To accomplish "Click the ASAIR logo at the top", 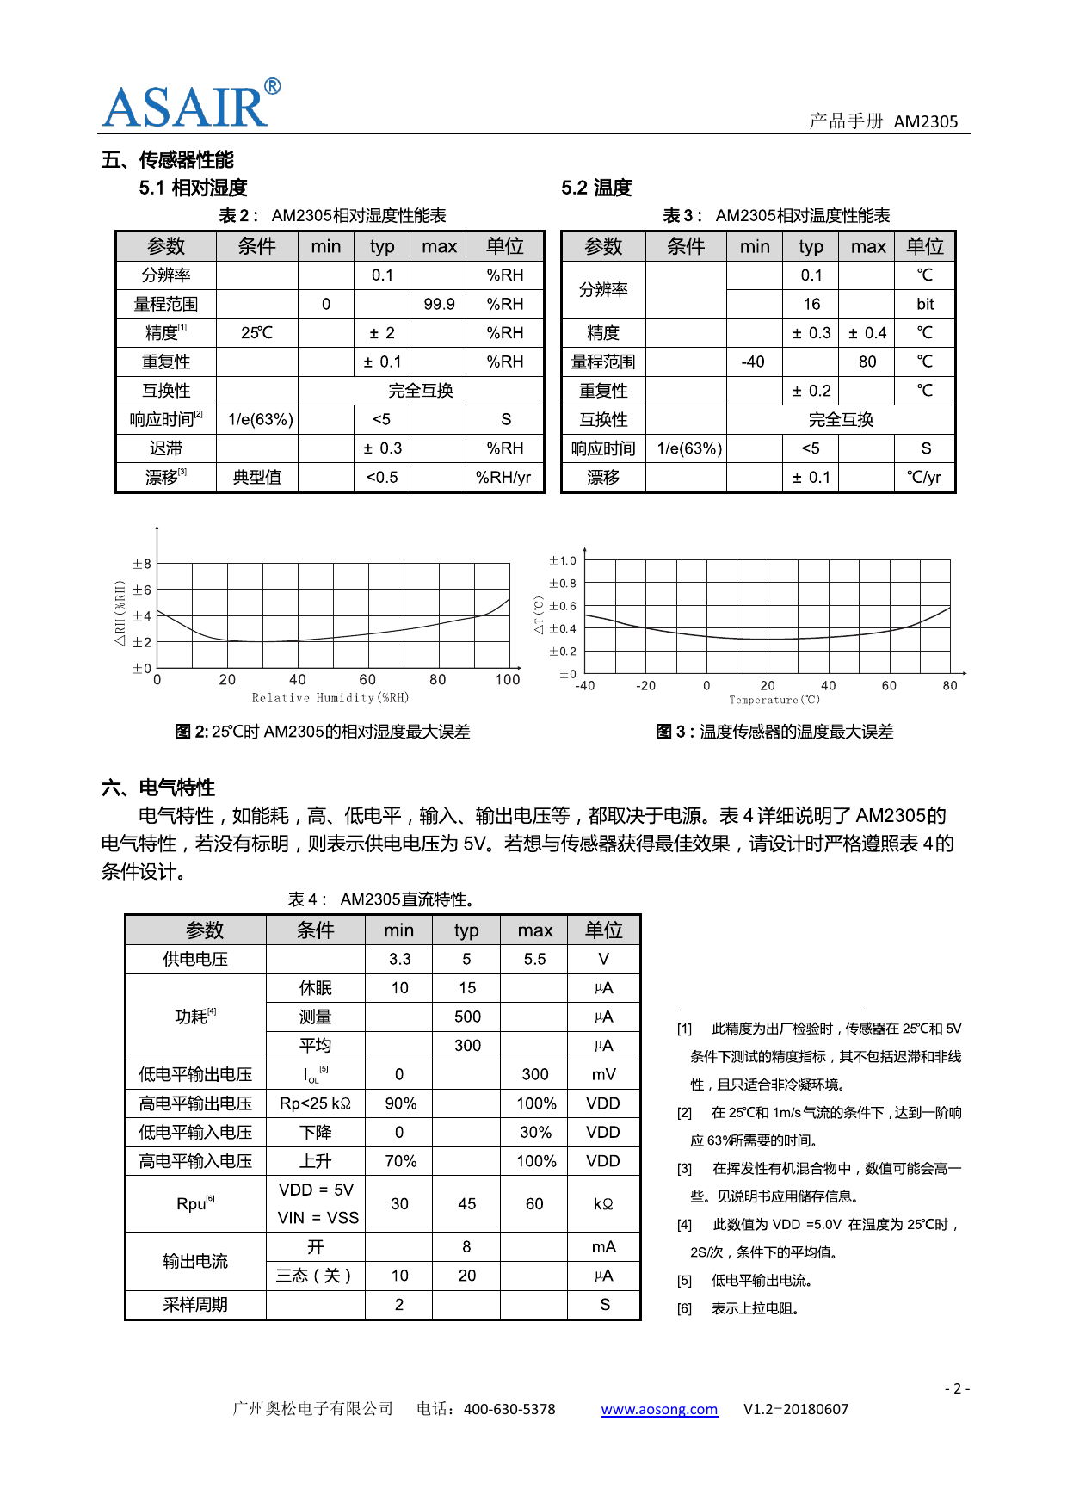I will point(190,105).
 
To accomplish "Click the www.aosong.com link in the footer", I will point(659,1409).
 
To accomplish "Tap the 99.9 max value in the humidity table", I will point(439,304).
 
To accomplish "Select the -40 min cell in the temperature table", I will point(753,362).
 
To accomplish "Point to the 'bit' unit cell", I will point(925,304).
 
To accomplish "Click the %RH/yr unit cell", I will point(504,477).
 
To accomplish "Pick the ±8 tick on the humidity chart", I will point(141,564).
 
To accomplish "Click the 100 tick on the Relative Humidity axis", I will point(508,680).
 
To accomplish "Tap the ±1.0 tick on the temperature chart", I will point(563,560).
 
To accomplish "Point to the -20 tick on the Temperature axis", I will point(645,686).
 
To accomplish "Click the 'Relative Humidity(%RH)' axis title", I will point(330,698).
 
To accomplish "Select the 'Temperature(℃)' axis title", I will point(774,700).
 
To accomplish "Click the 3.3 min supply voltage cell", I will point(399,959).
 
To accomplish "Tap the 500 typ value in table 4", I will point(467,1017).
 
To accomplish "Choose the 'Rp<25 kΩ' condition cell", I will point(316,1103).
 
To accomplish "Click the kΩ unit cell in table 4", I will point(603,1203).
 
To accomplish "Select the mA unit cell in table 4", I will point(603,1246).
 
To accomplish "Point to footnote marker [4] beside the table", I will point(684,1225).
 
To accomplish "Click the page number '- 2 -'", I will point(957,1388).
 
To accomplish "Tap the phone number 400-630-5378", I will point(509,1409).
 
